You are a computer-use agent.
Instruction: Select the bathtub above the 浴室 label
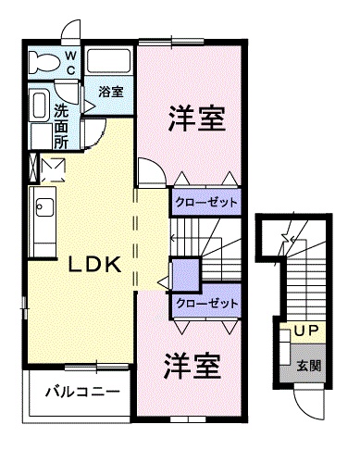tap(110, 62)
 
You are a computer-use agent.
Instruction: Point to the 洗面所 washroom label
tap(60, 125)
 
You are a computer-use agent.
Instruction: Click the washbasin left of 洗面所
tap(39, 109)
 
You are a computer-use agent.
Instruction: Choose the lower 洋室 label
tap(193, 367)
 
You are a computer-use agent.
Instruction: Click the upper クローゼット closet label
tap(205, 202)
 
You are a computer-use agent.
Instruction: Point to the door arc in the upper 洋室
tap(151, 172)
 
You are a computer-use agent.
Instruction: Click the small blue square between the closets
tap(186, 274)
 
